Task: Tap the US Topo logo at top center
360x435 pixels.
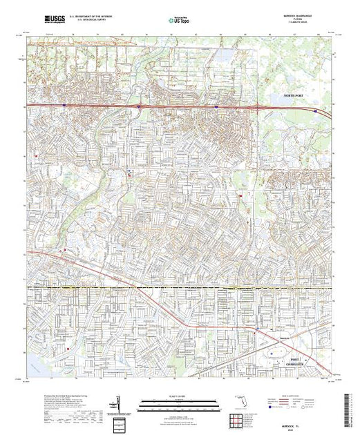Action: pos(180,20)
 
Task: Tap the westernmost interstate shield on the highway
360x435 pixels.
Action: pos(64,105)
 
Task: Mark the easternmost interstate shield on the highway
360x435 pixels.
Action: pos(316,109)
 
